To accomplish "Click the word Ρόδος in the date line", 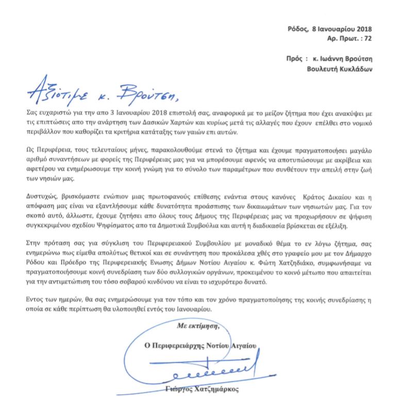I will click(298, 29).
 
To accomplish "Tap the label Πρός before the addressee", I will click(295, 59).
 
